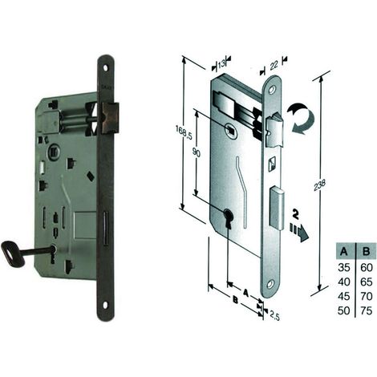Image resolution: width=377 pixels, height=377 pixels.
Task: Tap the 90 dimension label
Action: [197, 153]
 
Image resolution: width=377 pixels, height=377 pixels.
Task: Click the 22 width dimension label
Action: [273, 65]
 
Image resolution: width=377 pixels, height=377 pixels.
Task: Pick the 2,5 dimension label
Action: [274, 315]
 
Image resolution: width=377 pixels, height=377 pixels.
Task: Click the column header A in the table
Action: [344, 251]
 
